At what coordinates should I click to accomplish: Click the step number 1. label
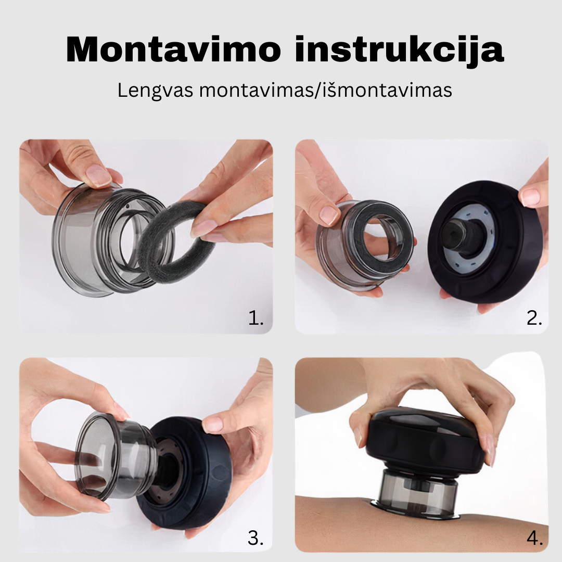[x=256, y=318]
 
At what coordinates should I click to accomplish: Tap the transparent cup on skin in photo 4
[x=416, y=494]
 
